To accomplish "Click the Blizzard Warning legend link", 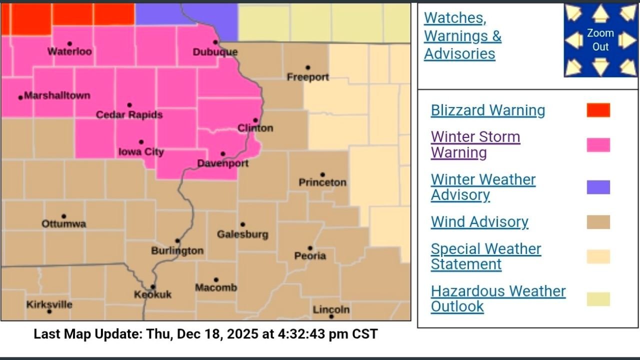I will pos(487,110).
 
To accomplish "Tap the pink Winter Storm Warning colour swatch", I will pos(598,145).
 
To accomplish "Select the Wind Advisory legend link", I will pos(479,222).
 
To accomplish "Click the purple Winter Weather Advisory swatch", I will pos(598,187).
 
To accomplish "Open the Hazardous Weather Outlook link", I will pos(498,298).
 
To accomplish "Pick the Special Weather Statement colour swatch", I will pos(598,256).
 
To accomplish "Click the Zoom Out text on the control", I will pos(600,40).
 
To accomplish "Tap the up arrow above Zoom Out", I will pos(600,14).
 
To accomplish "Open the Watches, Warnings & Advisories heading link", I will pos(462,36).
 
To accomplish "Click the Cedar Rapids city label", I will pos(129,115).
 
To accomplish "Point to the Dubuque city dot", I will pos(215,42).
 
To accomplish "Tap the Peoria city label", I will pos(310,256).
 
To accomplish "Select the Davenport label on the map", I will pos(222,163).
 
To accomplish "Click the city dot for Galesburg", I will pos(242,224).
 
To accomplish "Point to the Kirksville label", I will pos(49,304).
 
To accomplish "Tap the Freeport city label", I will pos(307,77).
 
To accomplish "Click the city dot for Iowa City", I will pos(141,142).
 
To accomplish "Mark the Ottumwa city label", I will pos(63,224).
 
